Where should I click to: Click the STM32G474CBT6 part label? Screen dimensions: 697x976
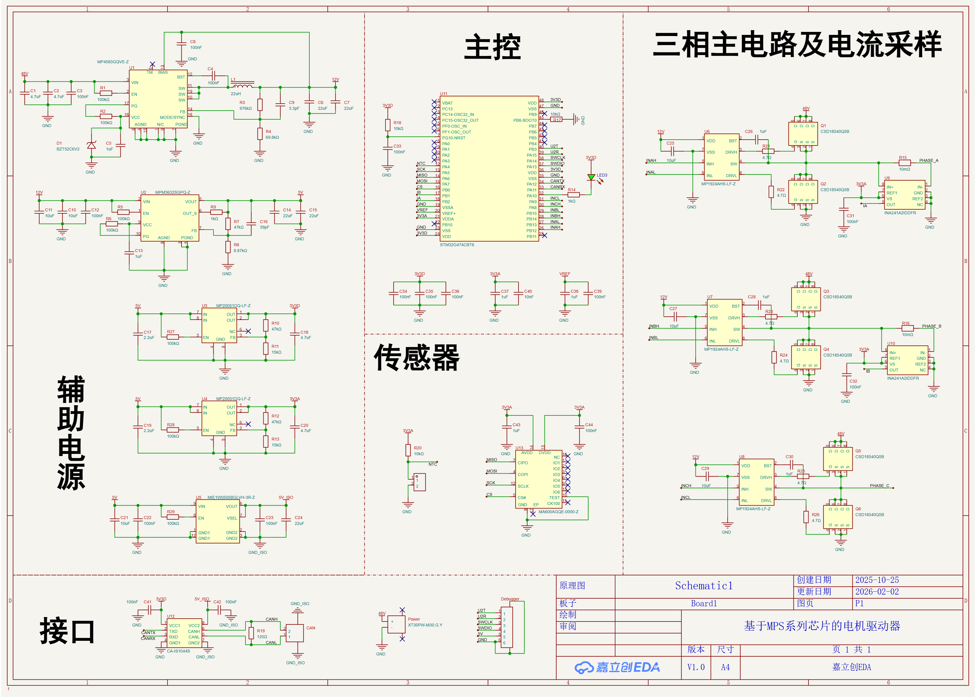(x=457, y=245)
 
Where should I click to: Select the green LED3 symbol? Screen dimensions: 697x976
(x=591, y=177)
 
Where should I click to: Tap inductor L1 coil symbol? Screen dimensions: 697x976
(x=243, y=85)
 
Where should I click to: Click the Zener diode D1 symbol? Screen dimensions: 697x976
(x=91, y=145)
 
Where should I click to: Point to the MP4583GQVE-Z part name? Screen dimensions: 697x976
(x=112, y=62)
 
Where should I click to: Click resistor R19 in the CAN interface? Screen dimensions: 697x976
(x=252, y=633)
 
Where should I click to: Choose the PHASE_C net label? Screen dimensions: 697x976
(x=879, y=485)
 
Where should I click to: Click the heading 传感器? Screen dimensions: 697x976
(x=417, y=357)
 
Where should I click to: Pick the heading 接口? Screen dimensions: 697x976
(x=67, y=631)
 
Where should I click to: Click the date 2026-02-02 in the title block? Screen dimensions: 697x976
(x=877, y=591)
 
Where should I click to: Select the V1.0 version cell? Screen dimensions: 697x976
(x=696, y=667)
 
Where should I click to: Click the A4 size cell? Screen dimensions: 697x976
(x=725, y=667)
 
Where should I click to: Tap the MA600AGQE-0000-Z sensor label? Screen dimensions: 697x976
(x=558, y=512)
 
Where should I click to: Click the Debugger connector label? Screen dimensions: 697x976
(x=510, y=599)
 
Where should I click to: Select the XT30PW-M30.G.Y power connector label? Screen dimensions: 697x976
(x=425, y=625)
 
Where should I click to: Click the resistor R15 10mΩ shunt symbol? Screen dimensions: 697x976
(x=905, y=163)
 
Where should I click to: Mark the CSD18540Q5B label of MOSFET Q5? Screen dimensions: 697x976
(x=869, y=457)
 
